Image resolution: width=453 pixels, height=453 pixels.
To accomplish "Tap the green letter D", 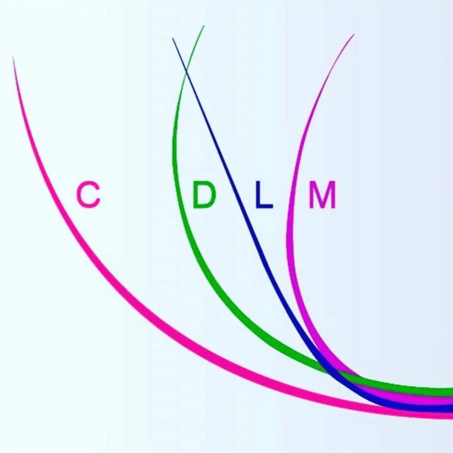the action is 204,195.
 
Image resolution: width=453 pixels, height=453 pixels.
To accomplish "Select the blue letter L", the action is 264,195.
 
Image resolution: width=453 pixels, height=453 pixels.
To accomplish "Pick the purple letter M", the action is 322,195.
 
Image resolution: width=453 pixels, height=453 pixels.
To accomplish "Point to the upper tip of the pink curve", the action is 13,58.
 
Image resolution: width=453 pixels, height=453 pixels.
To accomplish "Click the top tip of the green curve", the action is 204,26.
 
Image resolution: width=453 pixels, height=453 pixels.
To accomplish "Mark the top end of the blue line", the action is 173,39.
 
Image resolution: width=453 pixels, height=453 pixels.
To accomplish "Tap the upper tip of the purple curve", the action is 354,35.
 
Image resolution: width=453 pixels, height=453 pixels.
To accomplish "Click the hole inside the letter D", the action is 205,195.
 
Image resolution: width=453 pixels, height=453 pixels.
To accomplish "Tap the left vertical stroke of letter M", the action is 312,195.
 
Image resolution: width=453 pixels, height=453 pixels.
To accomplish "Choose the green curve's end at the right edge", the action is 450,392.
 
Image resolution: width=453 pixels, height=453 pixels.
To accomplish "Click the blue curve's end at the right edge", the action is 450,408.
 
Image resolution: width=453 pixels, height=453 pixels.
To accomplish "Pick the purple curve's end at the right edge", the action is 450,400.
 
